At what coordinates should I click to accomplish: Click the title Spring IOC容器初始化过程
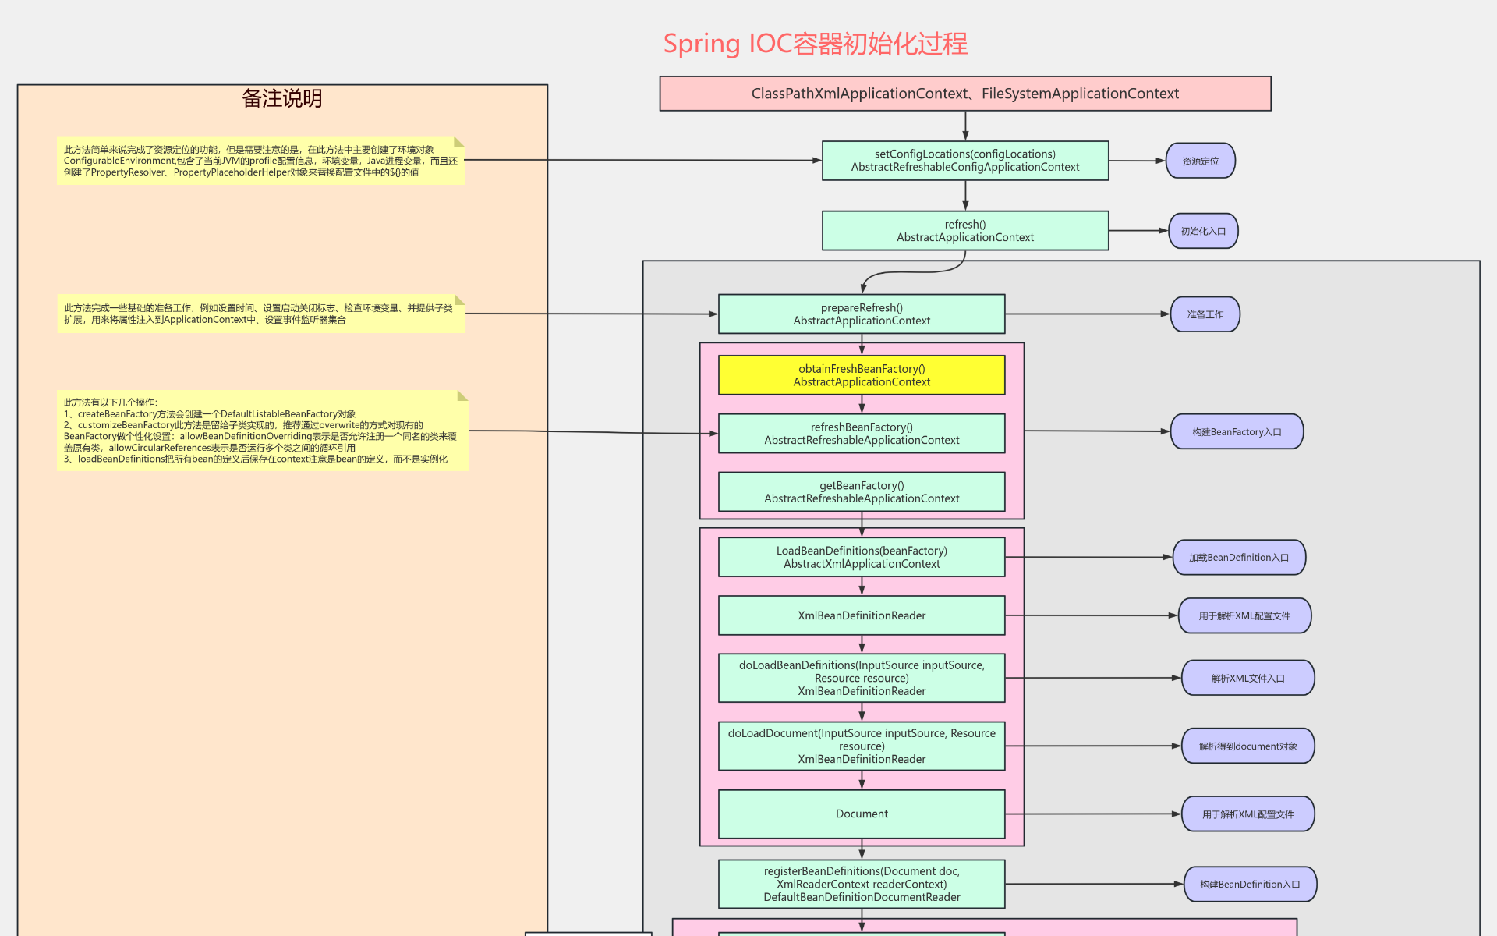[x=815, y=44]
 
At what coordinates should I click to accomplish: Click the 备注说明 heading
[x=281, y=98]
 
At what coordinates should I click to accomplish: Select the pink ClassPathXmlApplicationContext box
[x=964, y=94]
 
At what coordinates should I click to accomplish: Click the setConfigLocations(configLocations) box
[x=964, y=161]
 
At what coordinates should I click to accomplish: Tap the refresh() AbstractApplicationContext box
[x=964, y=231]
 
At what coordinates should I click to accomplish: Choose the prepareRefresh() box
[x=861, y=314]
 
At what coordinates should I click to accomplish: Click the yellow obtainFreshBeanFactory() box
[x=861, y=375]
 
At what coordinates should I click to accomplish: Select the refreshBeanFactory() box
[x=861, y=434]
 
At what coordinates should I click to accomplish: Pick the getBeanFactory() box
[x=861, y=492]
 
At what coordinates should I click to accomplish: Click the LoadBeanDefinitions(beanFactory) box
[x=861, y=557]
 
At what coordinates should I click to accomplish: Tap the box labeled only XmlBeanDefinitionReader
[x=861, y=615]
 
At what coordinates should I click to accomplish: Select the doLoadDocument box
[x=861, y=746]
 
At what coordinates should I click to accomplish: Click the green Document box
[x=861, y=814]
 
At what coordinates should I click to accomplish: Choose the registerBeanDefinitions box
[x=861, y=884]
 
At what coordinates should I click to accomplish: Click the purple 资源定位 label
[x=1200, y=161]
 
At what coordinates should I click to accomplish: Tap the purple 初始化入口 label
[x=1202, y=231]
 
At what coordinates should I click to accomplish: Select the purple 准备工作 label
[x=1205, y=314]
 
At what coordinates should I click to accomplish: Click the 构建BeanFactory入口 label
[x=1236, y=431]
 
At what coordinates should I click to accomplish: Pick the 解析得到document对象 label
[x=1247, y=746]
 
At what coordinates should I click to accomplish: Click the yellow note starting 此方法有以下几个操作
[x=262, y=431]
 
